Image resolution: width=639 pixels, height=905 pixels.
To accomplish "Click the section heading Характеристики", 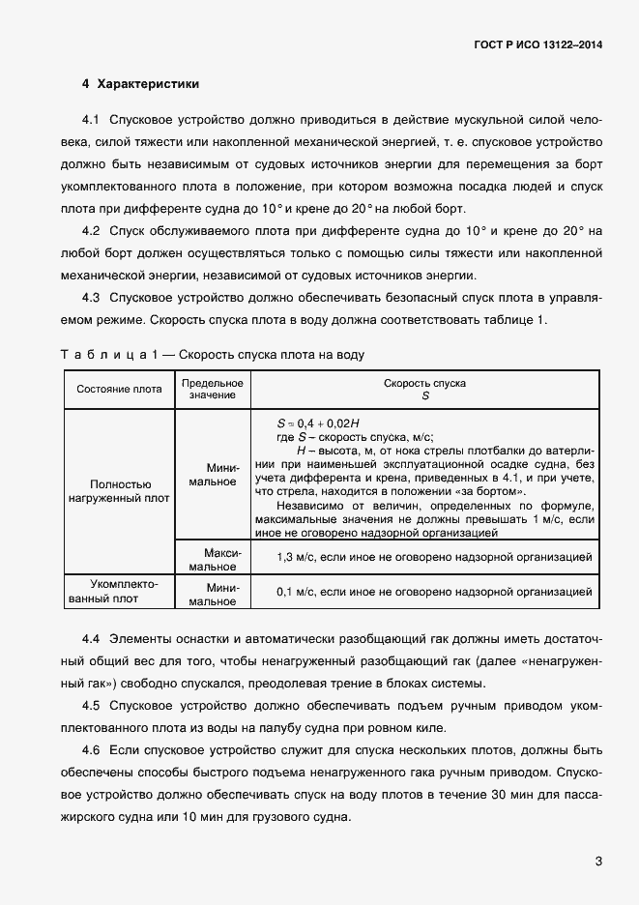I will click(x=147, y=84).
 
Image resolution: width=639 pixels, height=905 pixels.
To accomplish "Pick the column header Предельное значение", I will click(x=213, y=390).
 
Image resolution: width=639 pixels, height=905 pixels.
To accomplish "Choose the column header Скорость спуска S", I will click(x=424, y=390).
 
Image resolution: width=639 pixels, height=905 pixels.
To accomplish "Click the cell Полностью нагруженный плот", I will click(x=120, y=491).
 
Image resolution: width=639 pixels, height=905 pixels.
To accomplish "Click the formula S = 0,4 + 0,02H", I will click(x=318, y=423).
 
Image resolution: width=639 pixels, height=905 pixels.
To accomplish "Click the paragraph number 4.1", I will click(x=92, y=121).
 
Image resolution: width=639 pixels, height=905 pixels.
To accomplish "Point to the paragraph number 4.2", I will click(x=92, y=231).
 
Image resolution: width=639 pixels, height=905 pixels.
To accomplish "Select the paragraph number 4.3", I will click(x=92, y=298).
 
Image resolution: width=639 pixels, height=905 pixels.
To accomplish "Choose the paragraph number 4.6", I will click(x=92, y=750).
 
